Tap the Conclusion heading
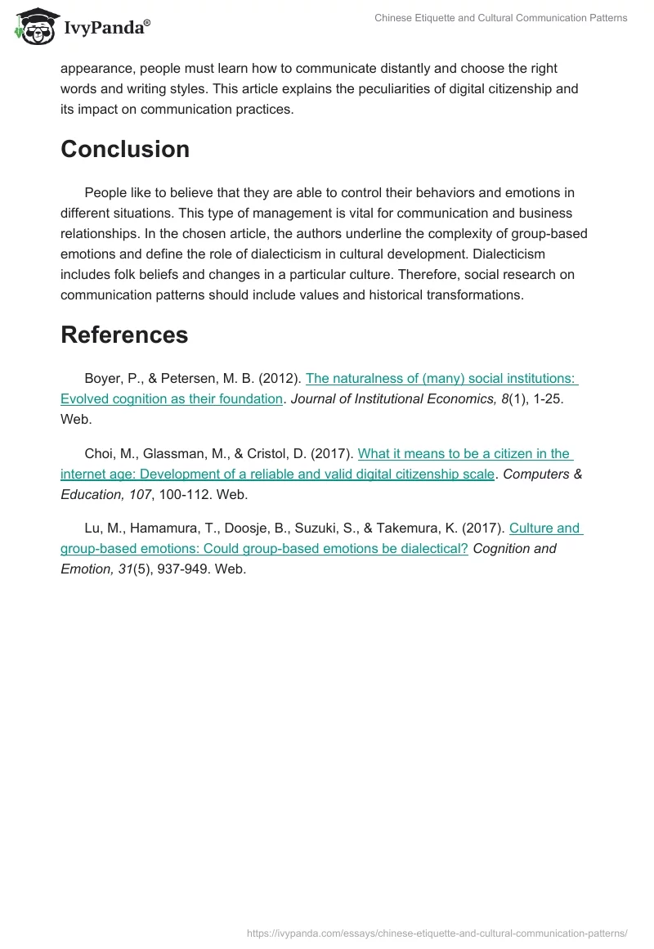125,149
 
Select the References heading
124,335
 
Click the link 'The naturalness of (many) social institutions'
441,379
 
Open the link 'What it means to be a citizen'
464,454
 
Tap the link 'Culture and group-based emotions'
544,528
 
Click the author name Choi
100,454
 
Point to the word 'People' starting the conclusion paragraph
104,193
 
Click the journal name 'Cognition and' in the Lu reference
514,549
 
